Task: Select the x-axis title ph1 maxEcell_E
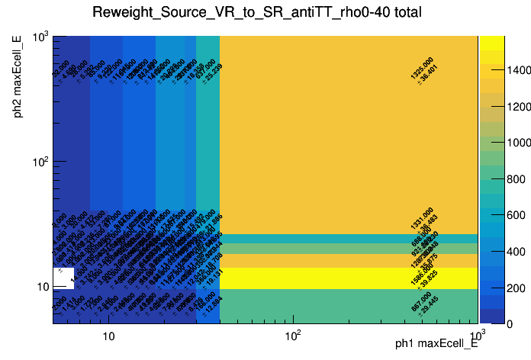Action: pos(436,344)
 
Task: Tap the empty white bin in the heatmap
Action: pos(63,278)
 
